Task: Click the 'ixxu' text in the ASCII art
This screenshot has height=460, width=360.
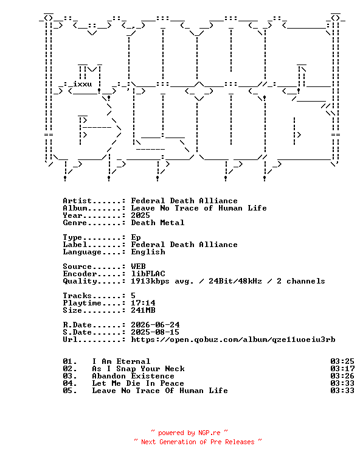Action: (x=82, y=84)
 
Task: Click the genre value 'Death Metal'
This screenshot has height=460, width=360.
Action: (x=157, y=223)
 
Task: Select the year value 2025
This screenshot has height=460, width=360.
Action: (x=140, y=215)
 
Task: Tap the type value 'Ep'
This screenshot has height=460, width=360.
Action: (x=136, y=237)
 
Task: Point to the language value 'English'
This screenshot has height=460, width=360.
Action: (x=148, y=252)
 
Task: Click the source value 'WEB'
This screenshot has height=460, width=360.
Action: (x=139, y=267)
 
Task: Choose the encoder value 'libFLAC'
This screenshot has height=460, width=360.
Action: (x=148, y=274)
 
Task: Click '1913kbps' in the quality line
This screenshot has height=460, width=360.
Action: (x=150, y=281)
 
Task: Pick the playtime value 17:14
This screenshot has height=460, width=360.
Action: (x=143, y=303)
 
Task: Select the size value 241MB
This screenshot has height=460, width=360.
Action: (x=143, y=310)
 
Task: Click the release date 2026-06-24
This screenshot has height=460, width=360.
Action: (x=155, y=325)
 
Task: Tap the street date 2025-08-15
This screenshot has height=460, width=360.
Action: (x=155, y=332)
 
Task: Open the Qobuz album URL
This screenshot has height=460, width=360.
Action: (x=233, y=340)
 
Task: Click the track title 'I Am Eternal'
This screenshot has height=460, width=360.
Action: (x=121, y=361)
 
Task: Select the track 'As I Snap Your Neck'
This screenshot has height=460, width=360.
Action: (x=139, y=369)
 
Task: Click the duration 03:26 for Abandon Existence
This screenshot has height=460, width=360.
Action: (x=342, y=376)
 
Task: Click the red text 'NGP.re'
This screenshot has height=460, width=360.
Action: (x=209, y=433)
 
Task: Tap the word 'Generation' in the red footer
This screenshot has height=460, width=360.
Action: (x=178, y=442)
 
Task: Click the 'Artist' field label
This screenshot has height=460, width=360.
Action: (x=77, y=201)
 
